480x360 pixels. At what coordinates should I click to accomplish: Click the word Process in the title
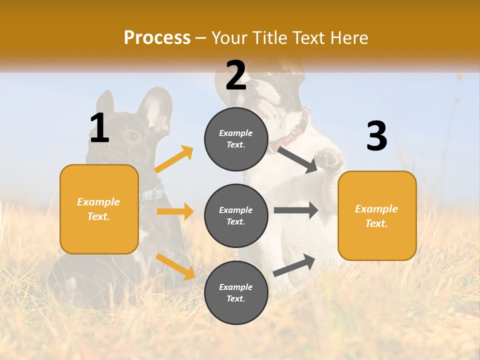[157, 38]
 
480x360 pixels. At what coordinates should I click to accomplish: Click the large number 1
[99, 128]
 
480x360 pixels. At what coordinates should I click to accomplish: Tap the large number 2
[236, 75]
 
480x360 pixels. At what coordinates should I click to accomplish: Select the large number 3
[376, 136]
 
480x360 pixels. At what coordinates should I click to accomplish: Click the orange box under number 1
[99, 209]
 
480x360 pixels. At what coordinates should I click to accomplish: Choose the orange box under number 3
[377, 215]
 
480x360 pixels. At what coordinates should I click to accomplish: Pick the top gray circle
[236, 139]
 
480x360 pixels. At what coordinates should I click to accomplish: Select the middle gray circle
[236, 215]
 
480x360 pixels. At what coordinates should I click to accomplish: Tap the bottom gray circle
[236, 292]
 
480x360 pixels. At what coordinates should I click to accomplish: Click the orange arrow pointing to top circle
[174, 159]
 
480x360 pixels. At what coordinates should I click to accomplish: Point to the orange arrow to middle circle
[175, 211]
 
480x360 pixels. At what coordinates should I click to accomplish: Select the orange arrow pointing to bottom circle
[175, 266]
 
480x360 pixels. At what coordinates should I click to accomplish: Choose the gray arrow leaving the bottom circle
[294, 265]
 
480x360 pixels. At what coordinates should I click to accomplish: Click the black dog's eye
[131, 135]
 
